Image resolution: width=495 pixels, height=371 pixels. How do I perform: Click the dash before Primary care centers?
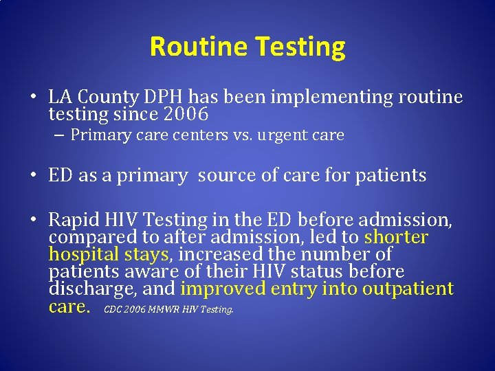pos(60,135)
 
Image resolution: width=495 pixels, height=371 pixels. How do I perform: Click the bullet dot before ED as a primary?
pos(33,177)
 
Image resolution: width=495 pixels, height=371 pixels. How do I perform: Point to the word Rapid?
pos(74,221)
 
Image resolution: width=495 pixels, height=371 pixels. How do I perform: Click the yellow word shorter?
pos(396,238)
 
